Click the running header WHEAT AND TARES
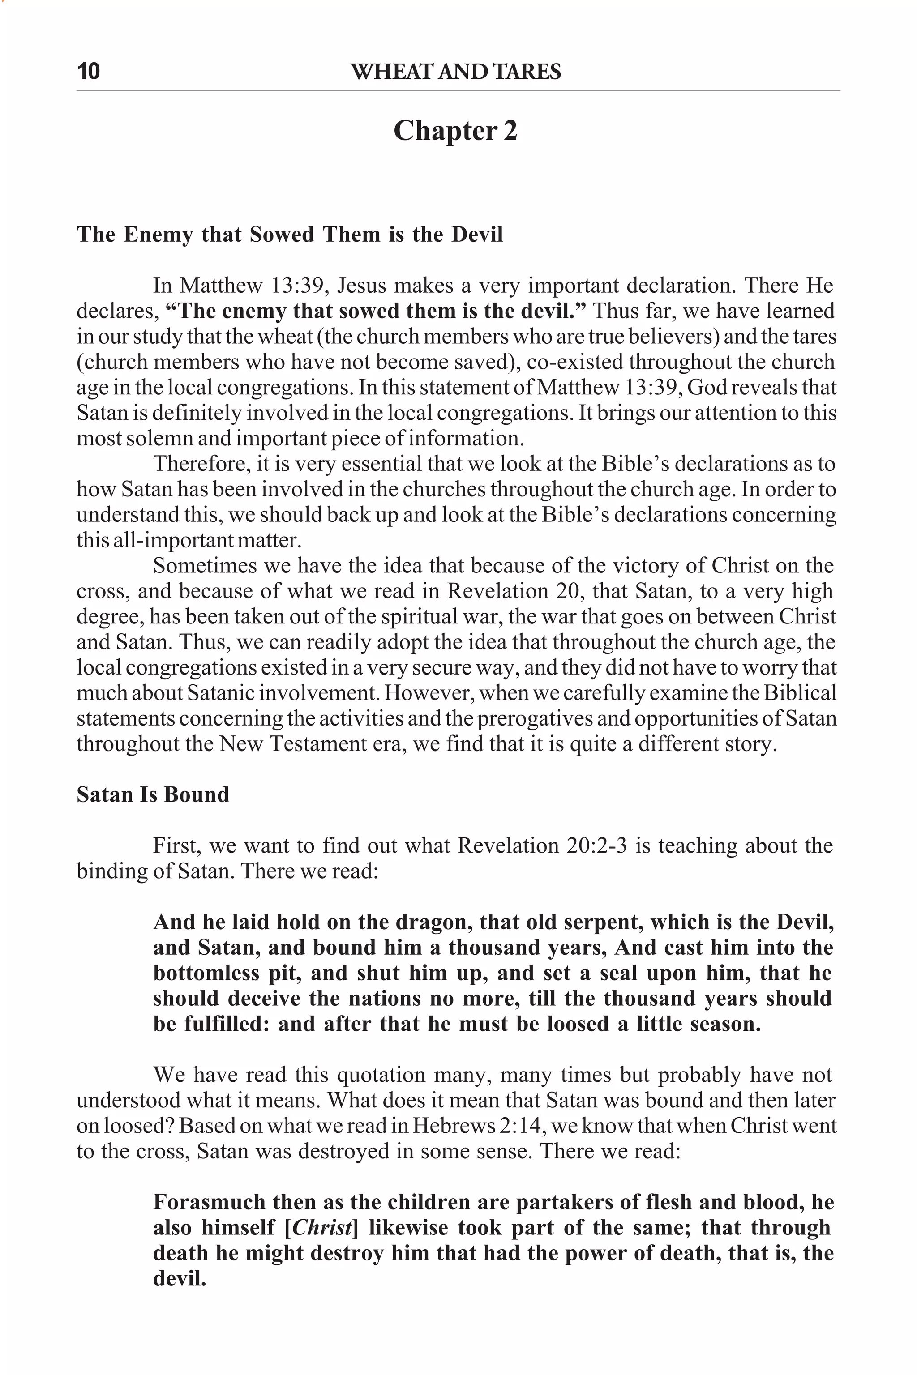455,72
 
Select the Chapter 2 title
455,130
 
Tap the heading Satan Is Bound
153,794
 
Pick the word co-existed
574,362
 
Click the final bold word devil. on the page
180,1278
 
